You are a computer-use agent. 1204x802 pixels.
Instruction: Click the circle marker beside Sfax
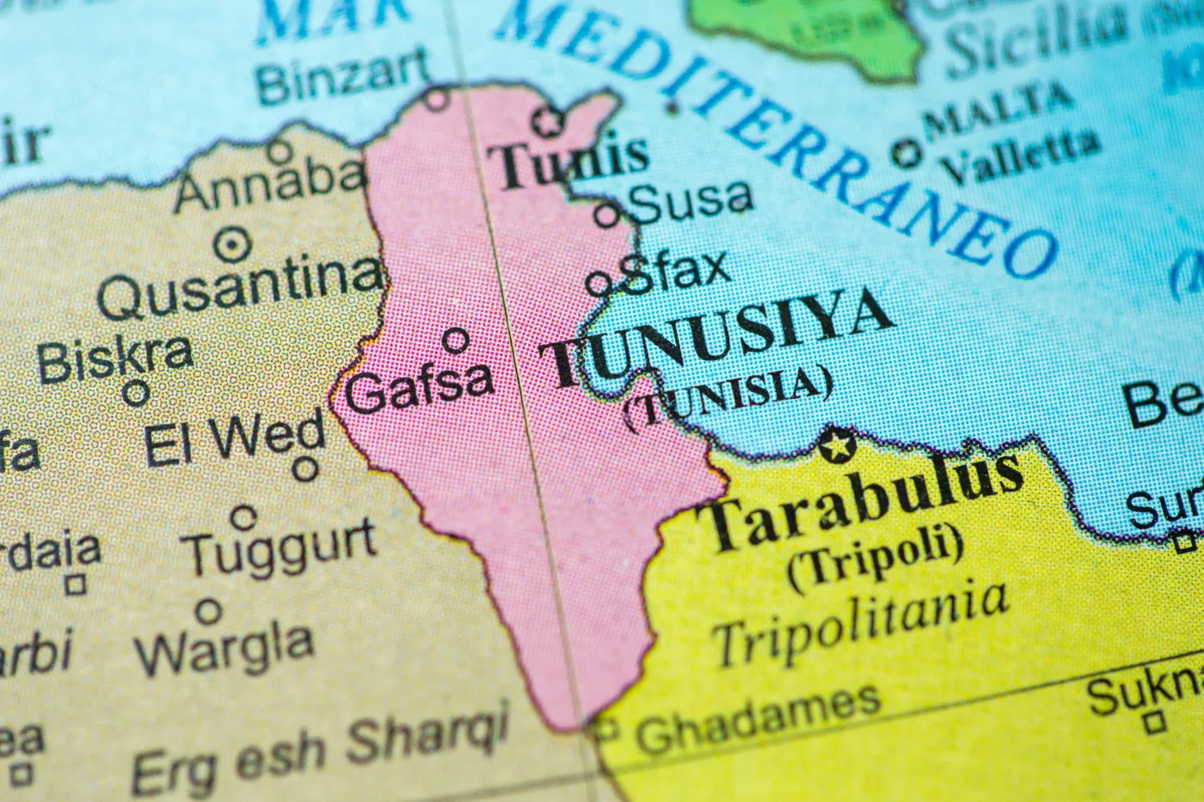pyautogui.click(x=599, y=283)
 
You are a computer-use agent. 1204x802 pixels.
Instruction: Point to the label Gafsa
pyautogui.click(x=419, y=387)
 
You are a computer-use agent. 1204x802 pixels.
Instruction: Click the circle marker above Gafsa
pyautogui.click(x=456, y=340)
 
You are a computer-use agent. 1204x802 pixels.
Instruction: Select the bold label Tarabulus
pyautogui.click(x=860, y=502)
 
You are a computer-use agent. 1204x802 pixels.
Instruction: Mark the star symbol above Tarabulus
pyautogui.click(x=833, y=445)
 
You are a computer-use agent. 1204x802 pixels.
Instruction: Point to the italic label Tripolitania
pyautogui.click(x=860, y=621)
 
